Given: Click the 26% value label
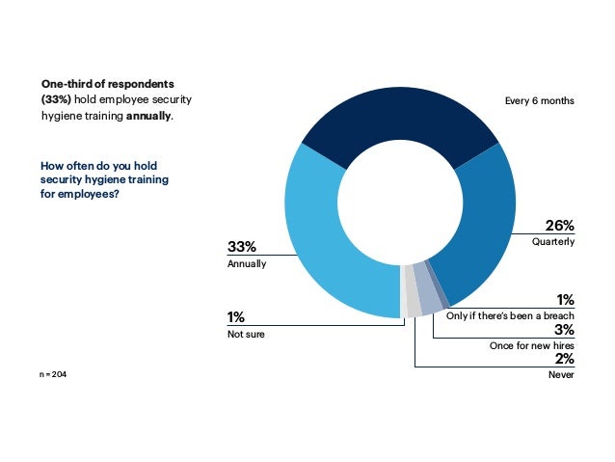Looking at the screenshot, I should pyautogui.click(x=559, y=226).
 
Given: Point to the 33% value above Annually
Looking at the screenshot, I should pyautogui.click(x=242, y=248).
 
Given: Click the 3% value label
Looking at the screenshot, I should pyautogui.click(x=564, y=330).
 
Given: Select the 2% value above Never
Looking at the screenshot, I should pyautogui.click(x=564, y=359).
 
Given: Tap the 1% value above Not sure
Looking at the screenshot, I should pyautogui.click(x=235, y=317).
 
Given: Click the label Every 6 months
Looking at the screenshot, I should pyautogui.click(x=540, y=100).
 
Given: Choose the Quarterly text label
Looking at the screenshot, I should pyautogui.click(x=553, y=241).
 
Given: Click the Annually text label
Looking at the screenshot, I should pyautogui.click(x=246, y=263).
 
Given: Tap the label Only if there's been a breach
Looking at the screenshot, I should pyautogui.click(x=511, y=316).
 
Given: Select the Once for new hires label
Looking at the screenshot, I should pyautogui.click(x=531, y=344).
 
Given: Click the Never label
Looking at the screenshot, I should pyautogui.click(x=561, y=374).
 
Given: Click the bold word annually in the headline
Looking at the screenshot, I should pyautogui.click(x=148, y=117).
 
